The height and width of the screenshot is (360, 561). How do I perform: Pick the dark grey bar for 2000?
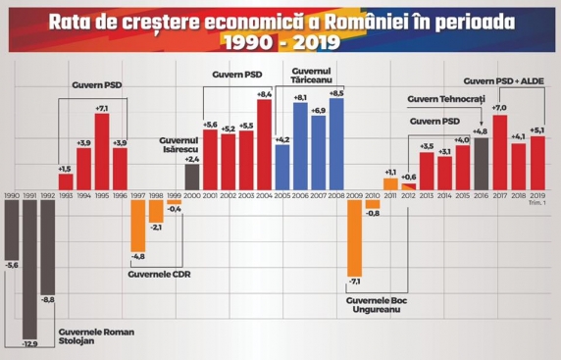[192, 177]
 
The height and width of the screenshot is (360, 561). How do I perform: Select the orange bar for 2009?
[355, 245]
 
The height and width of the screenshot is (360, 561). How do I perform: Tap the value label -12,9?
[30, 343]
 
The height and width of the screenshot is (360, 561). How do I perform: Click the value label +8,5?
[336, 93]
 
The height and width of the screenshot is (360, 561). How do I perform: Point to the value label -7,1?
[355, 283]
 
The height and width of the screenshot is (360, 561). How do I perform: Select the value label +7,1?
[102, 108]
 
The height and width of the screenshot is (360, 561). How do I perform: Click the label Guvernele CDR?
[155, 273]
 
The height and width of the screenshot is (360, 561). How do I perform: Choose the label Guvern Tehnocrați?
[443, 99]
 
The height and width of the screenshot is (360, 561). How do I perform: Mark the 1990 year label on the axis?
[12, 196]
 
